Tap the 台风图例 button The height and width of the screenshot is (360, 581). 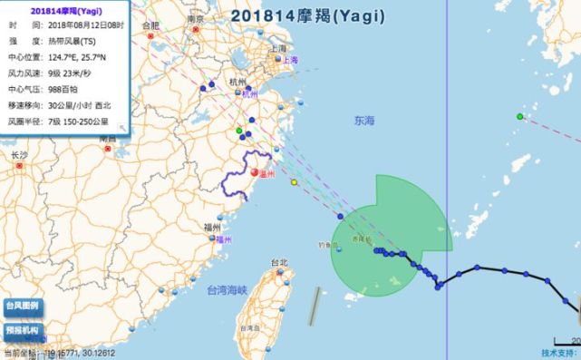pos(22,306)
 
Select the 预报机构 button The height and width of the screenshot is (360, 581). pos(22,331)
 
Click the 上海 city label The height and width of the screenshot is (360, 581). pos(289,60)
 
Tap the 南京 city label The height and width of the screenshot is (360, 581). pos(194,18)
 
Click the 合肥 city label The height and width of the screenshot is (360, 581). pos(149,25)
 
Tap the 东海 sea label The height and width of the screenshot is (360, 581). pos(364,120)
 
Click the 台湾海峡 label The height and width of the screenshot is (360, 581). pos(226,290)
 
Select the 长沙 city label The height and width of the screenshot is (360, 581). pos(20,155)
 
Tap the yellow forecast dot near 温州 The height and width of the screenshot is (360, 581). pos(294,182)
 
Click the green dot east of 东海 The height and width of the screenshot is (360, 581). pos(519,116)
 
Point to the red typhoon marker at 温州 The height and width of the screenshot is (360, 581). pos(256,172)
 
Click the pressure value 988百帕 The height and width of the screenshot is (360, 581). pos(67,90)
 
